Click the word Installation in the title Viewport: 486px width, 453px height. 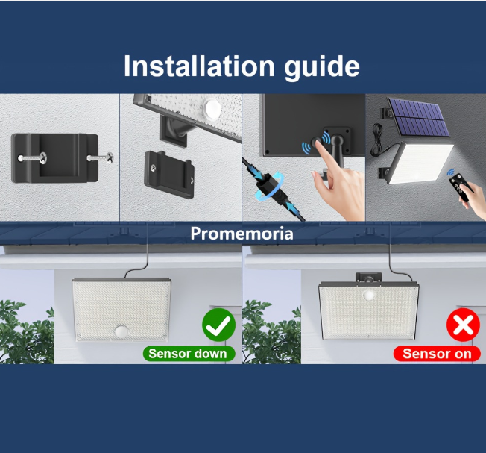(199, 66)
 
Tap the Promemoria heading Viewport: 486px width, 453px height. (242, 234)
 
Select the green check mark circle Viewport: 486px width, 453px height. (219, 325)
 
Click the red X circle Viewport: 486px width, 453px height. (463, 325)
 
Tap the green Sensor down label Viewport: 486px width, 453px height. (189, 354)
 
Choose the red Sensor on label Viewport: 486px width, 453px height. (437, 354)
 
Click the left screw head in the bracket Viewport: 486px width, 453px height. (42, 158)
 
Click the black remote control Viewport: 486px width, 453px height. (461, 187)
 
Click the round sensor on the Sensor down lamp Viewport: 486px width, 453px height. (121, 331)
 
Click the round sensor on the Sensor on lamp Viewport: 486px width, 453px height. (369, 295)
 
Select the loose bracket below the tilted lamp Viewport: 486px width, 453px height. (169, 175)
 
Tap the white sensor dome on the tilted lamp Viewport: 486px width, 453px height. (213, 107)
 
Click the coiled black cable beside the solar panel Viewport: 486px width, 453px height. (377, 140)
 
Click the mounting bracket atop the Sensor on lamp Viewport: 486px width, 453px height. (368, 278)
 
